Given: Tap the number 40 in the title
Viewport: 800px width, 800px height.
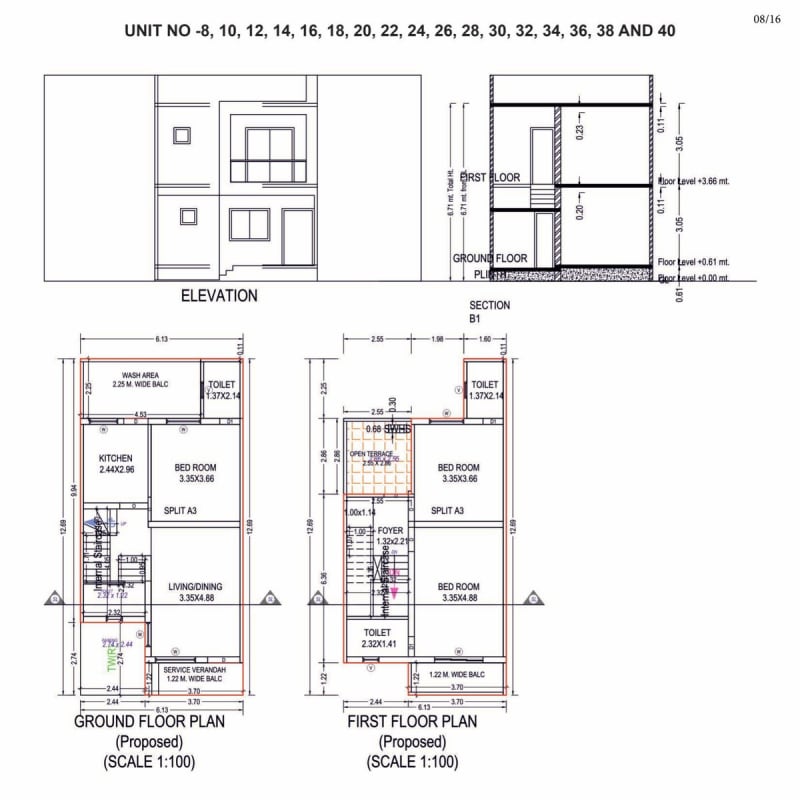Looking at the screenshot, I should coord(663,31).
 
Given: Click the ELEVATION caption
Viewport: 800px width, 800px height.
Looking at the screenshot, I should coord(219,296).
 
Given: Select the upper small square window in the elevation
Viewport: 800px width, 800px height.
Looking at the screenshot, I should coord(182,135).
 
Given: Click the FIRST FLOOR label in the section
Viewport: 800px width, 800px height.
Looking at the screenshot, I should coord(491,177).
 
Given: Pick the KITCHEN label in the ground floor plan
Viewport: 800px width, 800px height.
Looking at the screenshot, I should coord(115,459).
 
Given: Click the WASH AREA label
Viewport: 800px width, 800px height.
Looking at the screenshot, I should coord(142,376).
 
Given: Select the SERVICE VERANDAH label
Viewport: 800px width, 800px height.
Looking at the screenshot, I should coord(194,669).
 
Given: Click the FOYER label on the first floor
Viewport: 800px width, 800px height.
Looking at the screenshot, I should coord(389,530).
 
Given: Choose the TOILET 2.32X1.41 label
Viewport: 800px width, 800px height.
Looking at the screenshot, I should coord(378,639).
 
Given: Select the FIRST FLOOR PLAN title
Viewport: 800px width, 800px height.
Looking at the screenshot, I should coord(411,722).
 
